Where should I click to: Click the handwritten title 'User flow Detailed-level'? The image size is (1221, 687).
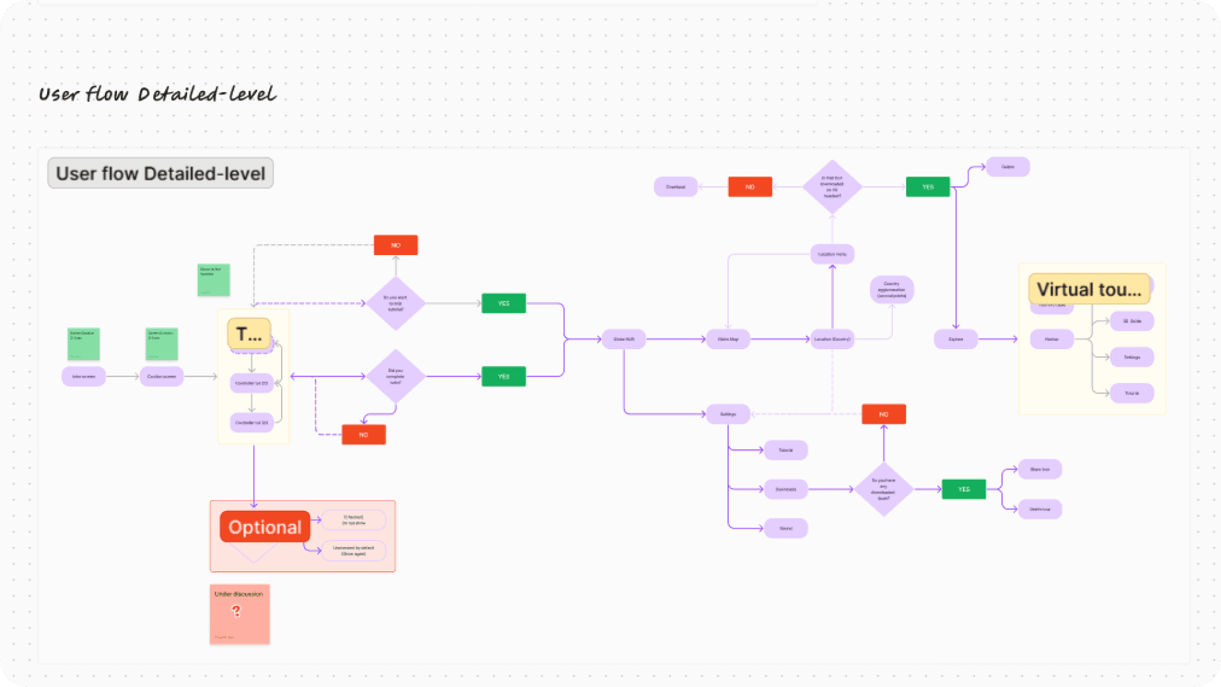click(157, 94)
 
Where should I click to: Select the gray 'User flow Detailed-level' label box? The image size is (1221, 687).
click(160, 173)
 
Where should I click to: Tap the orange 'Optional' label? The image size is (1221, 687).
click(265, 527)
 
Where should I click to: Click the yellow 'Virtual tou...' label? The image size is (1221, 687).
click(1089, 289)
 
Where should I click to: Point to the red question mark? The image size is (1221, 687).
click(237, 611)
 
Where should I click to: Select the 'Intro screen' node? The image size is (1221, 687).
click(83, 377)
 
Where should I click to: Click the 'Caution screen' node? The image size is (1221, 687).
click(162, 377)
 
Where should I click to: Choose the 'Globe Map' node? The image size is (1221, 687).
click(728, 339)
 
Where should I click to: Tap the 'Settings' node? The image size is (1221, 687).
click(728, 414)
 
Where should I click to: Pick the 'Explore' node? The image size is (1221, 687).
click(956, 339)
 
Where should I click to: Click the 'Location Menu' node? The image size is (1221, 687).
click(832, 254)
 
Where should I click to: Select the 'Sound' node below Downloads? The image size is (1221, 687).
click(786, 528)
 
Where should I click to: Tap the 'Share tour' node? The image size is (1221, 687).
click(1040, 469)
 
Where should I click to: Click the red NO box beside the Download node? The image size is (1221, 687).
click(750, 187)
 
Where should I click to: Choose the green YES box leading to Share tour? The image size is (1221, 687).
click(963, 489)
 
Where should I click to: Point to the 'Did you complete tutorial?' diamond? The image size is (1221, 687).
click(396, 377)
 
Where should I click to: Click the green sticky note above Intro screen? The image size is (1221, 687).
click(83, 344)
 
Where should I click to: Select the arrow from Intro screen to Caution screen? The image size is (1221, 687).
click(122, 377)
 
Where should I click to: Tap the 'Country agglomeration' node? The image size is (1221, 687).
click(892, 289)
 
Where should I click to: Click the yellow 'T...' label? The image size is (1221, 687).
click(249, 334)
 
